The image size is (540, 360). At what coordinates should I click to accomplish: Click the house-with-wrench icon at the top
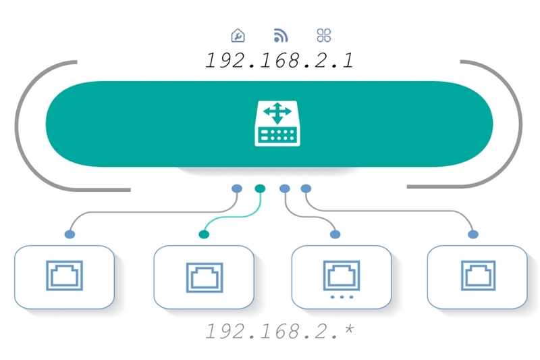point(238,35)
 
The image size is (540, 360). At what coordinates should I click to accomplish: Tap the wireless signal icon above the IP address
point(280,35)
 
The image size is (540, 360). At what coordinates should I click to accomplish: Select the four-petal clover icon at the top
point(323,35)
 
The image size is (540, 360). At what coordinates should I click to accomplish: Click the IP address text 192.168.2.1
point(279,60)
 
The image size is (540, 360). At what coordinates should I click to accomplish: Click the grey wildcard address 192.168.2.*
point(279,332)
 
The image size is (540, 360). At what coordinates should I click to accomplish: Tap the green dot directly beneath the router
point(260,188)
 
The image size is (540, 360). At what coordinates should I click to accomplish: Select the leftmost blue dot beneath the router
point(236,188)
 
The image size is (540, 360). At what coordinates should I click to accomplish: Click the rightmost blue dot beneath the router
point(306,188)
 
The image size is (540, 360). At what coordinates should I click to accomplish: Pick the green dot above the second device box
point(203,234)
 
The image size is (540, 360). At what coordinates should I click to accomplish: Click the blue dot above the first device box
point(70,234)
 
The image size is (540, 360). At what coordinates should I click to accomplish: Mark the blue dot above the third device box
point(335,234)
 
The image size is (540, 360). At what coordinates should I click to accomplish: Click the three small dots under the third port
point(341,297)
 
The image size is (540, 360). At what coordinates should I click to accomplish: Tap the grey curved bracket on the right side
point(514,125)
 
